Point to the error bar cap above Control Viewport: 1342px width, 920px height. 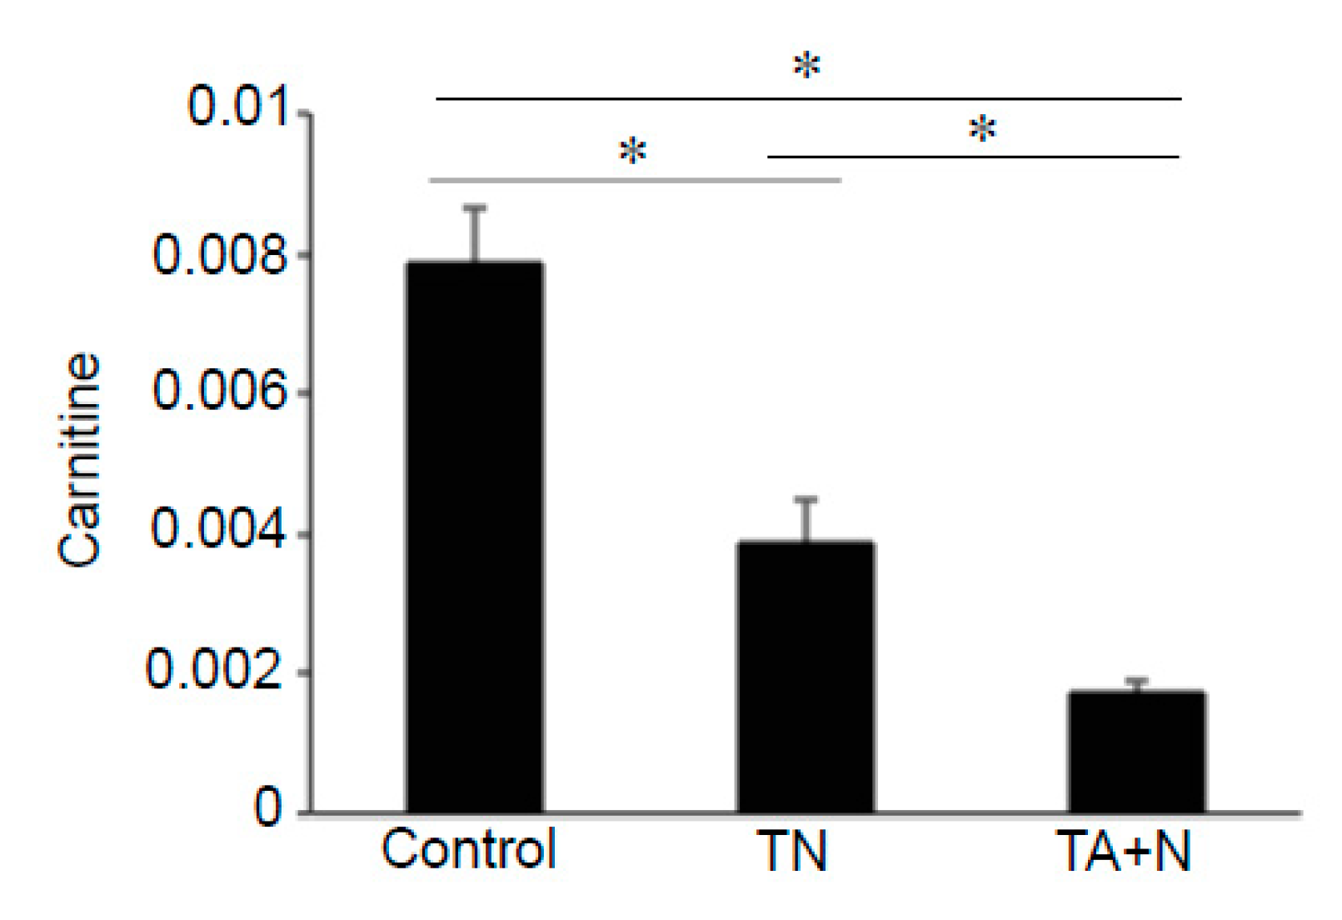point(475,207)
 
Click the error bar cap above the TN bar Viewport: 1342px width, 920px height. point(806,499)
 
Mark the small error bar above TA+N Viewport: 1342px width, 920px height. point(1137,682)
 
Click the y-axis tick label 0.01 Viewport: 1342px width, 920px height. point(239,107)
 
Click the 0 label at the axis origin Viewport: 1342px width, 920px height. point(268,807)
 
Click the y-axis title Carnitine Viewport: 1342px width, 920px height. point(80,460)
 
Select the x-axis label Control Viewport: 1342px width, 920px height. point(468,850)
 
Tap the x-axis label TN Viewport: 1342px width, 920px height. point(791,852)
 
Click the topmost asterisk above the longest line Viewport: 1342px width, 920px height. point(806,65)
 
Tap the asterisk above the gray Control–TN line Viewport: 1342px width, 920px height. point(633,152)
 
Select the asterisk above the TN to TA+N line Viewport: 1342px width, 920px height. point(983,130)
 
